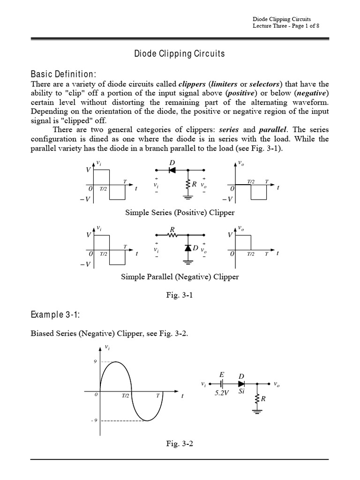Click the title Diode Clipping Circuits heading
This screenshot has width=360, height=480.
(180, 54)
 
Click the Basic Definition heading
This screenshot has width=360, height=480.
(63, 74)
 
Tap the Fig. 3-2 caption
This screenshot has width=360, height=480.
(180, 444)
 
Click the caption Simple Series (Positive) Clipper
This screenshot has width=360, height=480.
(180, 212)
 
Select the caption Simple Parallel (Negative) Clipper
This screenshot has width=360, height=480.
(180, 277)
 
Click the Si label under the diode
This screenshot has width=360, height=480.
(241, 391)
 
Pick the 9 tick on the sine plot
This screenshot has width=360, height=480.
(96, 361)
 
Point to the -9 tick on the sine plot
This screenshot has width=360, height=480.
(94, 420)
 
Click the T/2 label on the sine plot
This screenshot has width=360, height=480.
(126, 396)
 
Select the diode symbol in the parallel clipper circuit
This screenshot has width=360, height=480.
(189, 247)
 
